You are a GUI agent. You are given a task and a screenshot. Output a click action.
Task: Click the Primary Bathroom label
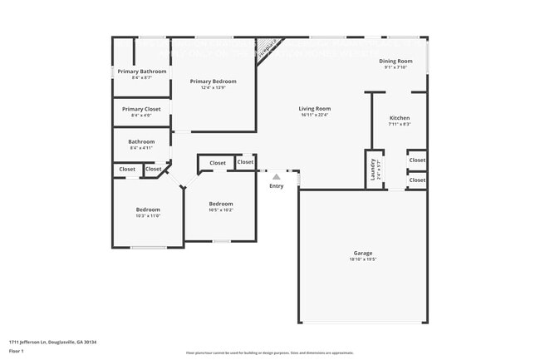tap(141, 72)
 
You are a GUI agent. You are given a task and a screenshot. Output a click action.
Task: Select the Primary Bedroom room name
tap(213, 81)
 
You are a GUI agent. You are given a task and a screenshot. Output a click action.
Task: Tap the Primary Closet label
tap(141, 109)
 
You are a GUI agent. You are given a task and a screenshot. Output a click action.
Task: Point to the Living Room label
tap(315, 109)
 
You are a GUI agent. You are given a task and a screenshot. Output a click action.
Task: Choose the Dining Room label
tap(395, 62)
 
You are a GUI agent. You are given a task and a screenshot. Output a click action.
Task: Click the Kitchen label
tap(400, 118)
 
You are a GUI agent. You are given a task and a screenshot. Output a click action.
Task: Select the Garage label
tap(363, 253)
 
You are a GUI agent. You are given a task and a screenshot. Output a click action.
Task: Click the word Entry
tap(276, 185)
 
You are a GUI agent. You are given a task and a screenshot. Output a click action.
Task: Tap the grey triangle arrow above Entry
tap(277, 176)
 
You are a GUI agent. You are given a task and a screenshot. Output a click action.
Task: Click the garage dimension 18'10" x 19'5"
tap(363, 259)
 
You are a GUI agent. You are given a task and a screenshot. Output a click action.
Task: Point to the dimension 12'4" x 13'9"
tap(213, 87)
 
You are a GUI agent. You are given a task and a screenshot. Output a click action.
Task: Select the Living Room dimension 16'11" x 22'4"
tap(315, 115)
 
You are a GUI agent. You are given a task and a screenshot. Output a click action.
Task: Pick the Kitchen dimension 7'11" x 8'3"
tap(400, 124)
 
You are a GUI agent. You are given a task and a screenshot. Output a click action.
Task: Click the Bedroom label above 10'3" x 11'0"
tap(148, 210)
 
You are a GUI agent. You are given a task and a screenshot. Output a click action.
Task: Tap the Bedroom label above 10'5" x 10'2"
tap(220, 204)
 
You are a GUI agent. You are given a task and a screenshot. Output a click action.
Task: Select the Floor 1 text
tap(17, 352)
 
